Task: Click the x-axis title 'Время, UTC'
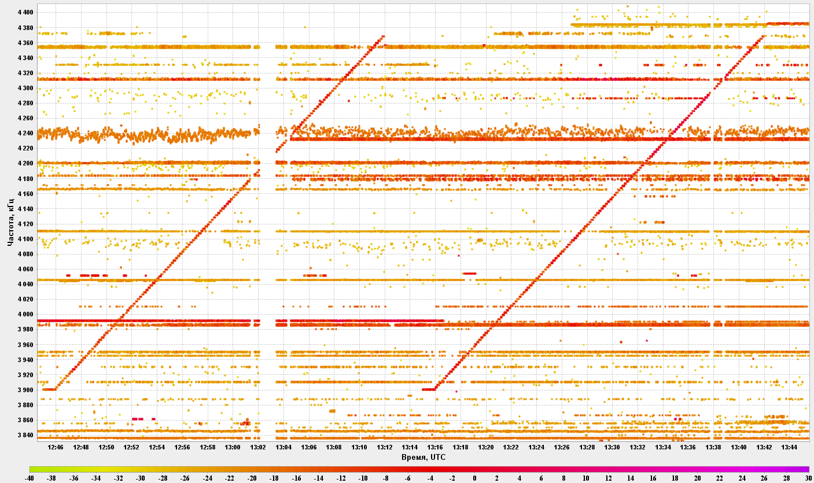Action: coord(423,457)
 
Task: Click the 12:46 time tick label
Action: coord(56,447)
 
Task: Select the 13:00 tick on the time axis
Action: coord(233,447)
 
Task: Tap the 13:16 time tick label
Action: coord(435,447)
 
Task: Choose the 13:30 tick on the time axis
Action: coord(612,447)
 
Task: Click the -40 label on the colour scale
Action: coord(30,478)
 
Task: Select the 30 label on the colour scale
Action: coord(809,478)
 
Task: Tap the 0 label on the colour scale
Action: coord(474,478)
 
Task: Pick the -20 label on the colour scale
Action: coord(252,478)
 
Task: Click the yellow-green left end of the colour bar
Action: coord(32,469)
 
